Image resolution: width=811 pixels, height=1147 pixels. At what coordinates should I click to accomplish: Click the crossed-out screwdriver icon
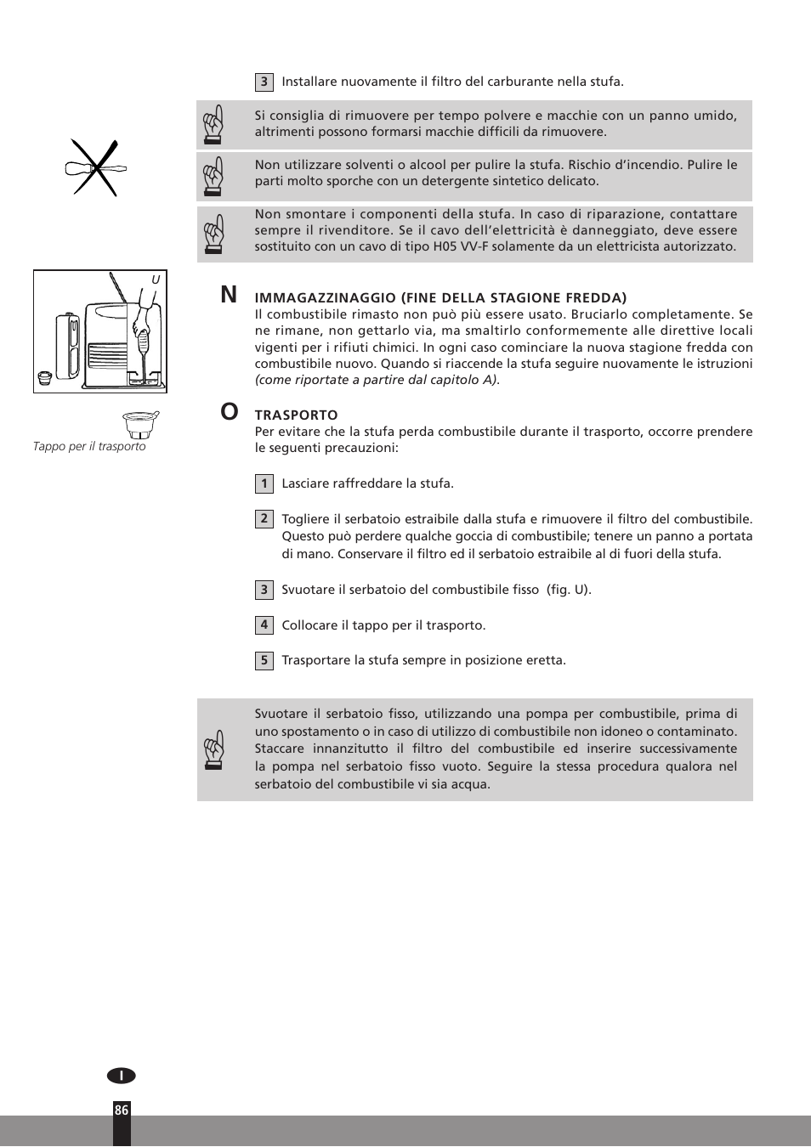click(94, 168)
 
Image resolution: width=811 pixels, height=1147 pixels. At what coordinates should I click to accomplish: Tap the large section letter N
click(229, 295)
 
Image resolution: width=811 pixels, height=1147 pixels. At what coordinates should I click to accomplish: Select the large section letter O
click(230, 412)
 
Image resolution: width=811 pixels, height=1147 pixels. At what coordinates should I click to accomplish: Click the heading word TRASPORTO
click(296, 415)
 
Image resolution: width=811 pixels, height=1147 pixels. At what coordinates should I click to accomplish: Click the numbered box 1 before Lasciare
click(264, 483)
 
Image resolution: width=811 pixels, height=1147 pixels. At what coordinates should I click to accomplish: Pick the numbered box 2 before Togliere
click(264, 519)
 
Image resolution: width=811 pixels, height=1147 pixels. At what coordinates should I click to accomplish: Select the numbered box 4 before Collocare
click(264, 625)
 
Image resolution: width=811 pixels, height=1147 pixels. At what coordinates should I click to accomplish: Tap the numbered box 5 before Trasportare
click(264, 660)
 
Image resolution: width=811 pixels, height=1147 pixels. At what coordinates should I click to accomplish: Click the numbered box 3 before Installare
click(264, 82)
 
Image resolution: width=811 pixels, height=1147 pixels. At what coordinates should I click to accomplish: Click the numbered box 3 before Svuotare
click(264, 590)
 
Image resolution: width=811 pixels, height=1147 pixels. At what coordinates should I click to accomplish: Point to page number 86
click(122, 1110)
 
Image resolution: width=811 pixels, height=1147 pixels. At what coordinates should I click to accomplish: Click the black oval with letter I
click(122, 1076)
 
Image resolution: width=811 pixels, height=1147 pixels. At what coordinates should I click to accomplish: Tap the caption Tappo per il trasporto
click(89, 447)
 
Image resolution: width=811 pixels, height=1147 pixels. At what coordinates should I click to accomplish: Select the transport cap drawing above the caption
click(141, 424)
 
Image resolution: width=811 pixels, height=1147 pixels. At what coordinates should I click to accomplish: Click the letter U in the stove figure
click(156, 280)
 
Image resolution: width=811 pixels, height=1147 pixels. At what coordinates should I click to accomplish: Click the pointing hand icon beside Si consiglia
click(213, 124)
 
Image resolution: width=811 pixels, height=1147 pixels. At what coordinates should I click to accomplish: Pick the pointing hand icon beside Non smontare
click(213, 234)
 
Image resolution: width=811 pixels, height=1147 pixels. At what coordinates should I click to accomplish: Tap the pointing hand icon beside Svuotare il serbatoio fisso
click(213, 749)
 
